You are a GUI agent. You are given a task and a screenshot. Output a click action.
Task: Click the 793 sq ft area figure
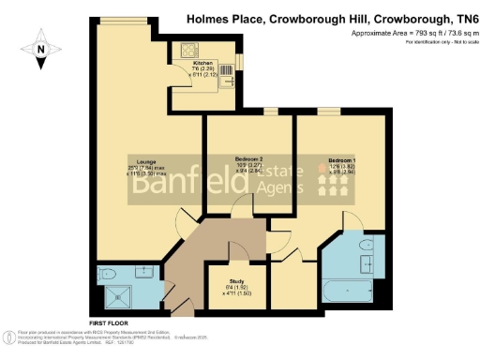[399, 33]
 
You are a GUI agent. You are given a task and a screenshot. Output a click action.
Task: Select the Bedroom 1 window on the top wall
[328, 112]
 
